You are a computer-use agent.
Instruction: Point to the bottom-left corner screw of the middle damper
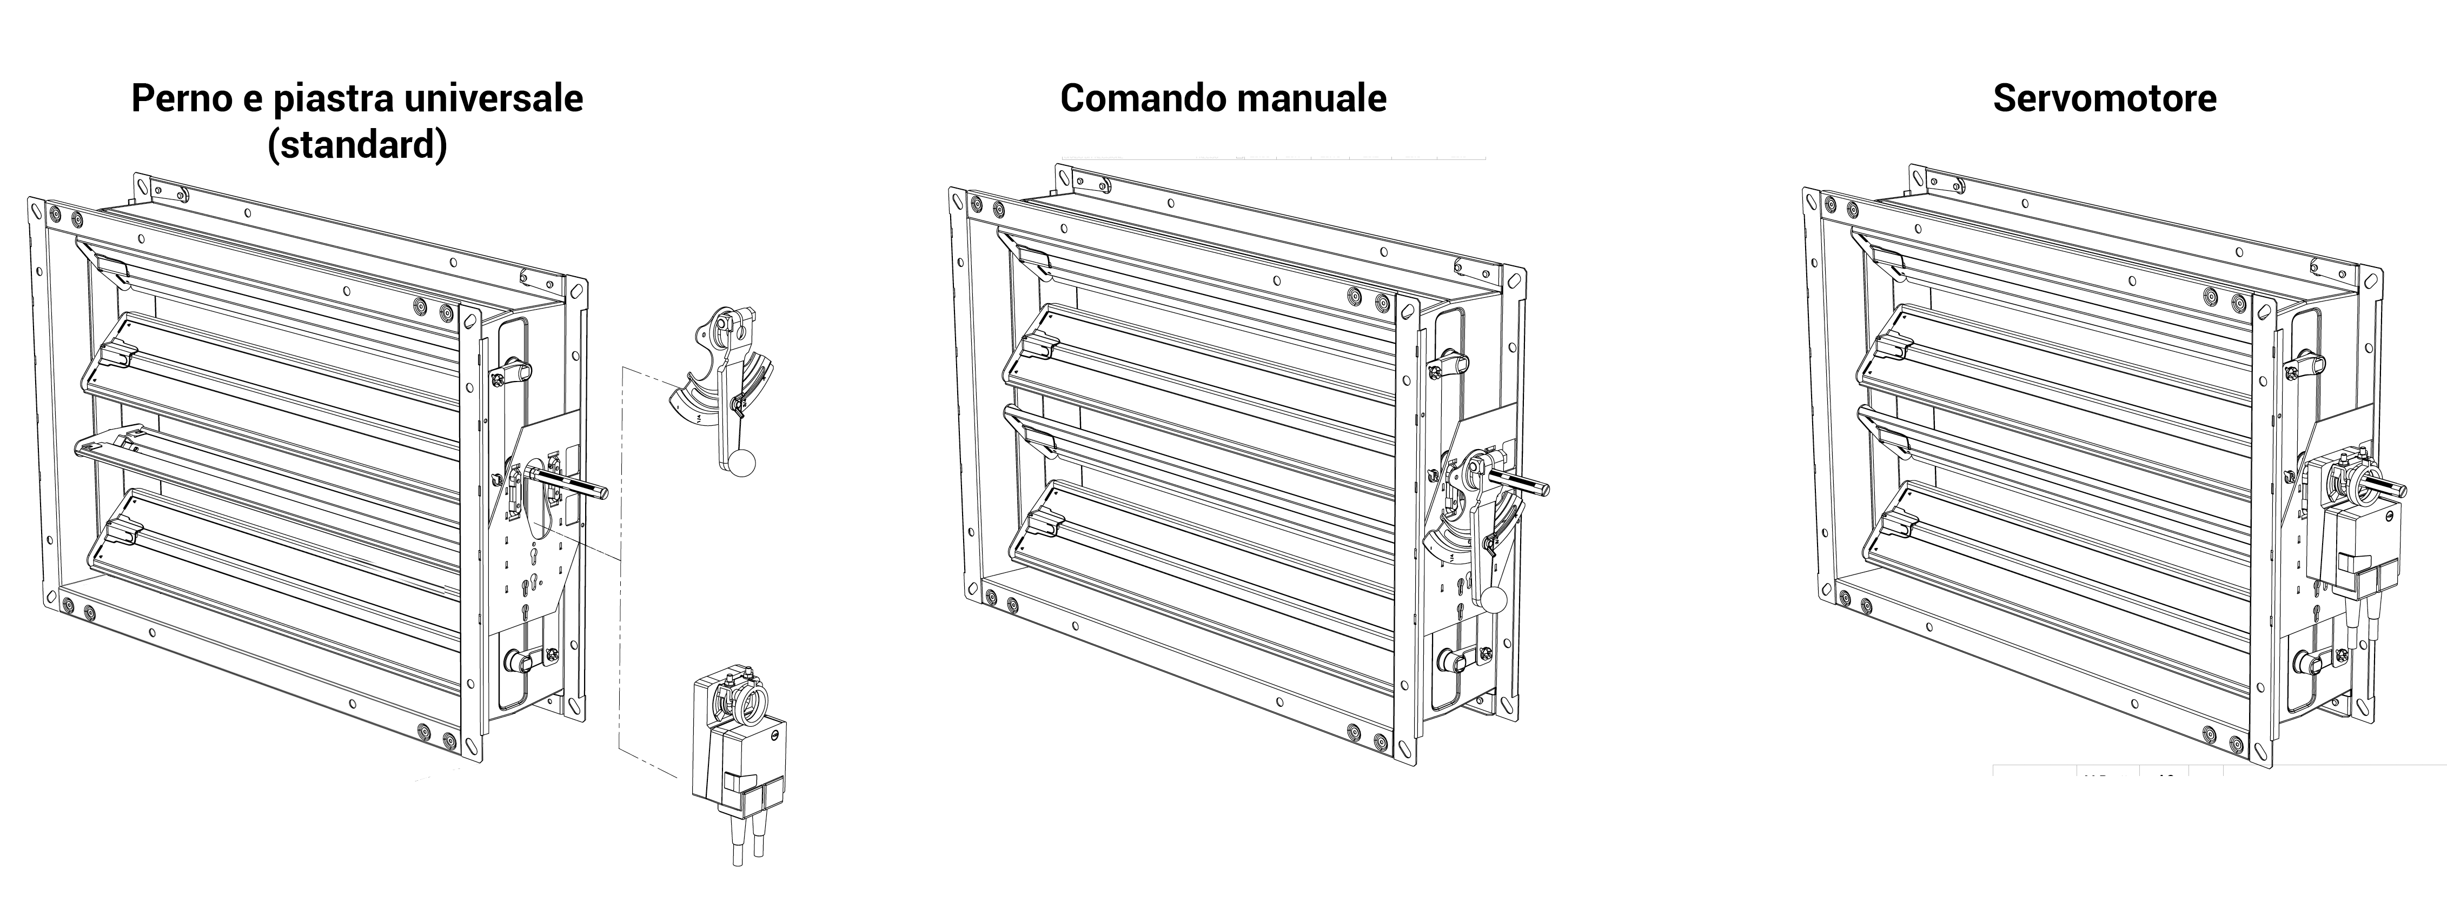tap(991, 597)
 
